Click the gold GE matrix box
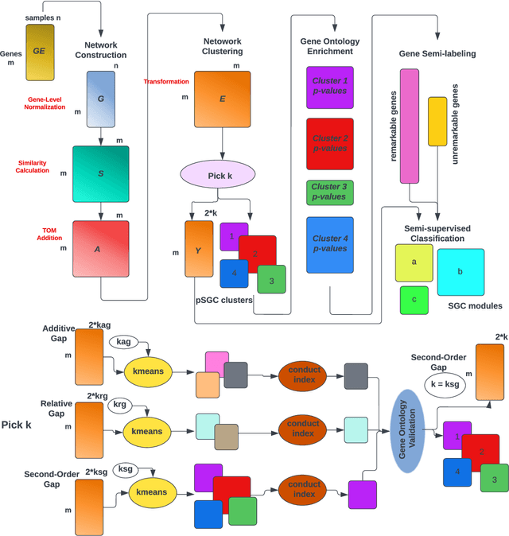coord(40,52)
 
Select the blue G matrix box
coord(101,99)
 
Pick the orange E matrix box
coord(223,99)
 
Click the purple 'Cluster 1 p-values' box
coord(330,87)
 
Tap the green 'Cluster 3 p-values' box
coord(330,192)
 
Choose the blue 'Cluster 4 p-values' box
coord(330,243)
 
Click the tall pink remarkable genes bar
coord(410,126)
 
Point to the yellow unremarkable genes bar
coord(437,121)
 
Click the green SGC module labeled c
coord(414,300)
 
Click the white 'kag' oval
coord(123,341)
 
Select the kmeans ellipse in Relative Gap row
coord(148,431)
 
